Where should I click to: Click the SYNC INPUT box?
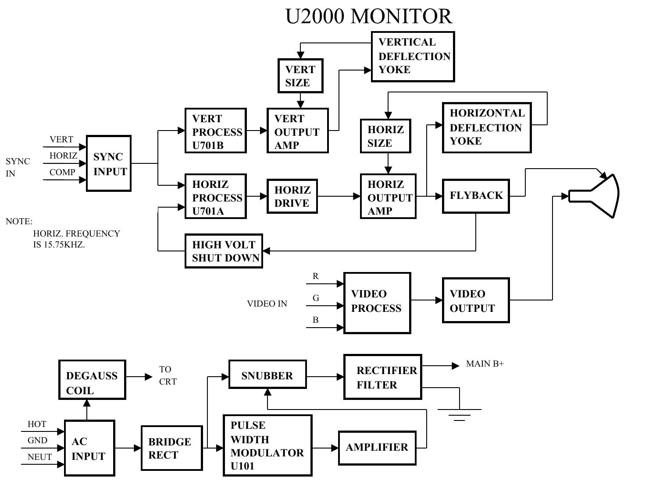point(109,163)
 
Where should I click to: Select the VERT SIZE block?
point(300,76)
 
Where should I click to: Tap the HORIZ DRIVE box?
point(292,196)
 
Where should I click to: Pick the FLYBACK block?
point(476,196)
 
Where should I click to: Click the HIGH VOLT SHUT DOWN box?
point(224,251)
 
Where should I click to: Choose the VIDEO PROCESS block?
point(377,303)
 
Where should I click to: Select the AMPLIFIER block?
point(377,448)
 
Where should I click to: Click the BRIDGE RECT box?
point(172,448)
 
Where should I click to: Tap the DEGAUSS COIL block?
point(92,380)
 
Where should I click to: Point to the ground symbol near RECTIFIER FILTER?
point(459,413)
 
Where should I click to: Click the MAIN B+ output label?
point(485,364)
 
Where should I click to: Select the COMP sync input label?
point(62,173)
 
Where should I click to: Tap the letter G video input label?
point(316,298)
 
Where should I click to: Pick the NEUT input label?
point(39,457)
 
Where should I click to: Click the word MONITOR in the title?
point(401,17)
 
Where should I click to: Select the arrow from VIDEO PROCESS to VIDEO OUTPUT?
point(426,300)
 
